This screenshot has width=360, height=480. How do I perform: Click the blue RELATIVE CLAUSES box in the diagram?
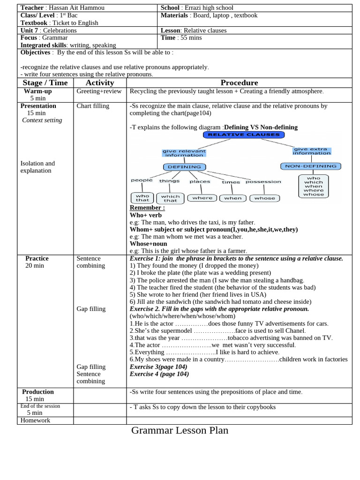click(x=243, y=135)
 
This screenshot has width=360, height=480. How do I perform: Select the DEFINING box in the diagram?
click(x=184, y=166)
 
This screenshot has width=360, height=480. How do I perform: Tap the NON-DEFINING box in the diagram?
click(x=310, y=166)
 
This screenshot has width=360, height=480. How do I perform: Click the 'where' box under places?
click(x=202, y=198)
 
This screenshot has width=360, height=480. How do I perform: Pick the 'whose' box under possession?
click(x=264, y=198)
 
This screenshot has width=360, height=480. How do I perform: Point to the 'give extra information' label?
click(x=312, y=151)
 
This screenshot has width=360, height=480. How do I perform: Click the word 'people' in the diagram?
click(x=142, y=180)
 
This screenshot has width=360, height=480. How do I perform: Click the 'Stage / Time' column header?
click(x=45, y=82)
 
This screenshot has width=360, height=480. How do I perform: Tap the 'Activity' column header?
click(x=100, y=82)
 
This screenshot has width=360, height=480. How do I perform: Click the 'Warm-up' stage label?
click(x=38, y=91)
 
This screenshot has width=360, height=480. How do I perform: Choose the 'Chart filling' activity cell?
click(x=93, y=106)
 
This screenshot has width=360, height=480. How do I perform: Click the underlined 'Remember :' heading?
click(x=147, y=208)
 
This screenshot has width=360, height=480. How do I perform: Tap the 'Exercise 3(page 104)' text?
click(x=158, y=367)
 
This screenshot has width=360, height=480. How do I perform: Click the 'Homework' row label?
click(x=35, y=420)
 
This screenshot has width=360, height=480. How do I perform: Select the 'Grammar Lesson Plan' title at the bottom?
click(x=180, y=430)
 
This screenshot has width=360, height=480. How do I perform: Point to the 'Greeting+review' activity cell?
click(x=99, y=91)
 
